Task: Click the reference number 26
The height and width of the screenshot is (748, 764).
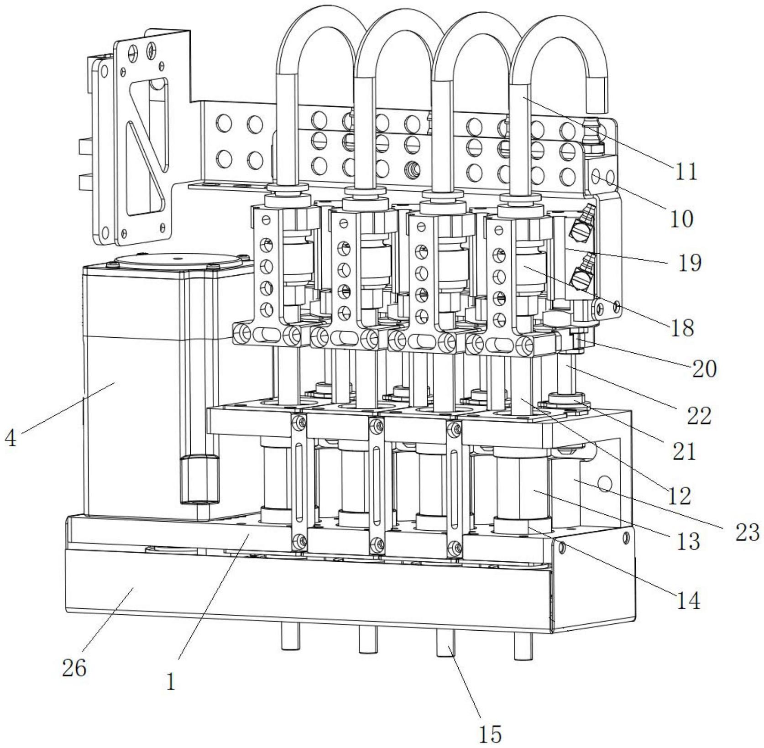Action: coord(74,669)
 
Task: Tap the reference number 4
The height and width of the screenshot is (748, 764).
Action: coord(10,439)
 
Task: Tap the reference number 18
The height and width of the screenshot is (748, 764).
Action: coord(683,327)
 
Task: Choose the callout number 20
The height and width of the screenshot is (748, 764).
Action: coord(704,368)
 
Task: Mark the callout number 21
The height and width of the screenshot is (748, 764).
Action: coord(684,451)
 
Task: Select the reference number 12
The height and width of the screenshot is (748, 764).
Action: coord(680,496)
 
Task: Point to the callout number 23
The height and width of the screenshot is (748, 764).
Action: coord(747,532)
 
